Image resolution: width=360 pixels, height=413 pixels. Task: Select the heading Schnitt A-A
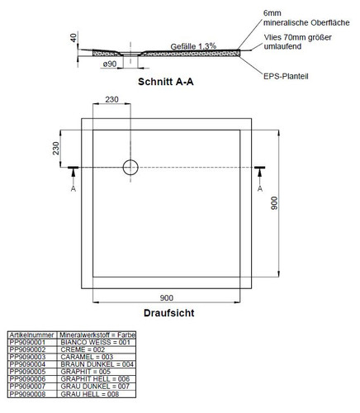point(166,82)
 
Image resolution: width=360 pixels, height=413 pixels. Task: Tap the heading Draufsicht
point(169,313)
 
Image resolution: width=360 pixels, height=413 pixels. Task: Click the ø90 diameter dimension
point(110,64)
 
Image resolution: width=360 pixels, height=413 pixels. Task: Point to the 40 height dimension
point(73,37)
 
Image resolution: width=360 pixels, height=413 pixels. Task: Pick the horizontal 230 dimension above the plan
point(111,99)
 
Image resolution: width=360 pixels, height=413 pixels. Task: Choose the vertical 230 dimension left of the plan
point(56,149)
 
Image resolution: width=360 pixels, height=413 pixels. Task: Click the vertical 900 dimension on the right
point(274,203)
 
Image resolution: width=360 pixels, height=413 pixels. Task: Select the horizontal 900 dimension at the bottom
point(167,298)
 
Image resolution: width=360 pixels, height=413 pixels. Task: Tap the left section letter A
point(73,188)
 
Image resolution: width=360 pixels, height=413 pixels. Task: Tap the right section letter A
point(260,188)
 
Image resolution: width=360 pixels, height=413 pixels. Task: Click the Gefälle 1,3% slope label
point(193,46)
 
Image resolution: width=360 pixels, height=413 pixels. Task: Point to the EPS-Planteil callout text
point(286,76)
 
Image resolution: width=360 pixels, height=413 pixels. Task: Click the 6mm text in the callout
point(272,13)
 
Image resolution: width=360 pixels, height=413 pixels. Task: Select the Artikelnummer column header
point(31,335)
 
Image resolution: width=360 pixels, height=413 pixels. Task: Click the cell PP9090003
point(27,357)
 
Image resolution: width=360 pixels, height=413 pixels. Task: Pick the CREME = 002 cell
point(83,349)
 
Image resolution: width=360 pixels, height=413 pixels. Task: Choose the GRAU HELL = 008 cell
point(90,394)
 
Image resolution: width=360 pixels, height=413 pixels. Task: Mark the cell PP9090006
point(27,379)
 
